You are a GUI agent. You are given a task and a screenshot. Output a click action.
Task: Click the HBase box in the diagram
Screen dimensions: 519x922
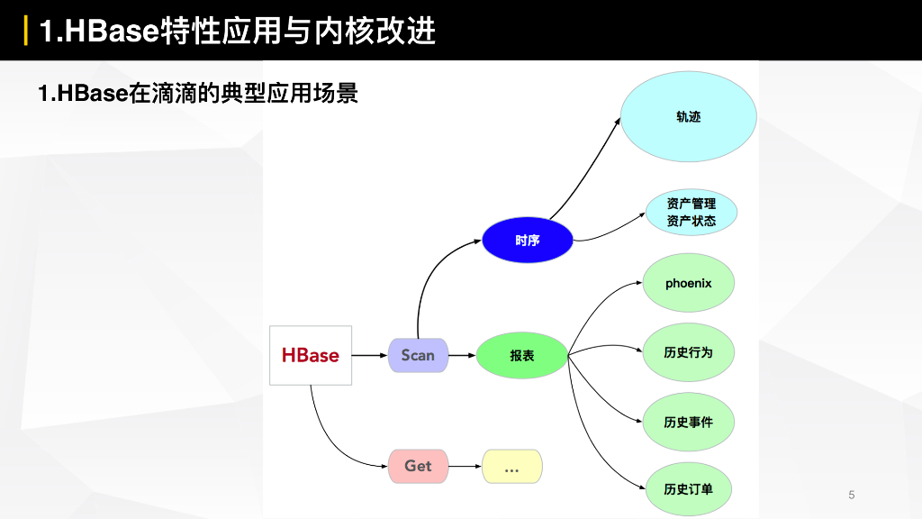[311, 355]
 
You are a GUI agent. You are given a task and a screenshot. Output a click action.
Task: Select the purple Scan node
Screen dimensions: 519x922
[418, 355]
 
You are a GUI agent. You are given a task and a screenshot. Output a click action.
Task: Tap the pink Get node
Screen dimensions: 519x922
[418, 466]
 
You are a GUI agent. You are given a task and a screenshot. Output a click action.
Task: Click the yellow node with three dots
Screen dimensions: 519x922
[512, 466]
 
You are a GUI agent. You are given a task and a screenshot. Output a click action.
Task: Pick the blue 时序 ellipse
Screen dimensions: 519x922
[528, 241]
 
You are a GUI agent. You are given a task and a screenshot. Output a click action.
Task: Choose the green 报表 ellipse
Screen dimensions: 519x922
[522, 355]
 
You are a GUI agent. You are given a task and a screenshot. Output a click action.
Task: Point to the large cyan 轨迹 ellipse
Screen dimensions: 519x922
[688, 116]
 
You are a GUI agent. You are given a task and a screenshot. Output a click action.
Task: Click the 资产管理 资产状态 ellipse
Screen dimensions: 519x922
[691, 213]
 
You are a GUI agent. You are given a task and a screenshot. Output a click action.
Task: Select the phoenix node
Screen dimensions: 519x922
[689, 283]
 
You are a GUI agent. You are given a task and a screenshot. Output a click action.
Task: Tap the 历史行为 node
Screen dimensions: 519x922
[689, 352]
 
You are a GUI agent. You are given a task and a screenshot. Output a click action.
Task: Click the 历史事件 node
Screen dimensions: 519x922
[689, 422]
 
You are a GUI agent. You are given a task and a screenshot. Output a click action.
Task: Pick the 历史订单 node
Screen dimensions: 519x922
[689, 489]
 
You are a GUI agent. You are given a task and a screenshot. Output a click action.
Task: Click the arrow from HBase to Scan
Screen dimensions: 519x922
[369, 355]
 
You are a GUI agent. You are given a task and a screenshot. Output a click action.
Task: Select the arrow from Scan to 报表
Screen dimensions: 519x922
[462, 355]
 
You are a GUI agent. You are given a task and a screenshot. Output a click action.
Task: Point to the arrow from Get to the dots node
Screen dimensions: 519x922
[465, 466]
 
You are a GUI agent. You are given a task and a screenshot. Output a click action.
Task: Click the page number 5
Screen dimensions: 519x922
[851, 495]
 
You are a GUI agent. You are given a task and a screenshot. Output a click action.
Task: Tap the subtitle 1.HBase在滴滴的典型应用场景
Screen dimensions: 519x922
[198, 93]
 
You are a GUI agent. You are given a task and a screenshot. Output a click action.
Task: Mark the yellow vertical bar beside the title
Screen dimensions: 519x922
[25, 31]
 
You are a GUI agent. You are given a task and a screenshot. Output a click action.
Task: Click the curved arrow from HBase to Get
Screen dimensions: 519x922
[329, 440]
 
